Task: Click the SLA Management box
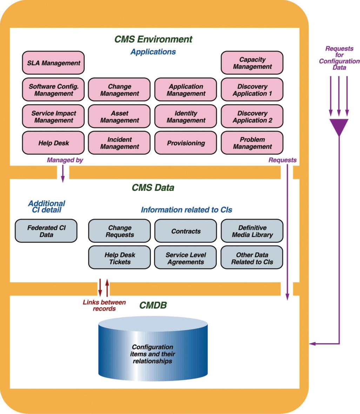pyautogui.click(x=53, y=63)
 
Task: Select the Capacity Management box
pyautogui.click(x=252, y=63)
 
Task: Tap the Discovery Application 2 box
pyautogui.click(x=252, y=117)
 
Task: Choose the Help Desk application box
pyautogui.click(x=53, y=143)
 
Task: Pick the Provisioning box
pyautogui.click(x=186, y=143)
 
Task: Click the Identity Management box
pyautogui.click(x=186, y=117)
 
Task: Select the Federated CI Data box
pyautogui.click(x=46, y=231)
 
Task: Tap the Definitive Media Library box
pyautogui.click(x=252, y=231)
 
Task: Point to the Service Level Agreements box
pyautogui.click(x=186, y=258)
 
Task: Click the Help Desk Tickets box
pyautogui.click(x=119, y=258)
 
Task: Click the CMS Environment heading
pyautogui.click(x=153, y=39)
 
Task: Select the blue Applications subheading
pyautogui.click(x=153, y=52)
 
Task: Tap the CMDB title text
pyautogui.click(x=153, y=305)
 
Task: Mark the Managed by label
pyautogui.click(x=65, y=160)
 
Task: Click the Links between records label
pyautogui.click(x=104, y=305)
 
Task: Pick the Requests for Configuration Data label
pyautogui.click(x=339, y=58)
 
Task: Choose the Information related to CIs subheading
pyautogui.click(x=186, y=210)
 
